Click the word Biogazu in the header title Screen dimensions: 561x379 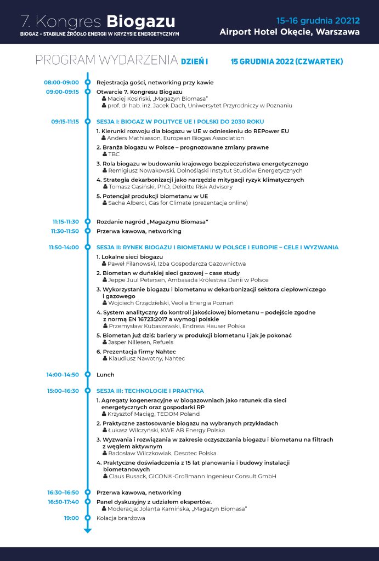pos(140,21)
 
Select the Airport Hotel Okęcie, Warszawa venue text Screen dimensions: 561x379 pos(290,32)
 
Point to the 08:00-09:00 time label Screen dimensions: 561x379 pos(61,82)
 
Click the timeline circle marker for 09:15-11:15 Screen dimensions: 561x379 pos(87,121)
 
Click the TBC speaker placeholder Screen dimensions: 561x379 pos(114,154)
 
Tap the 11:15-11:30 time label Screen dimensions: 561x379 pos(66,222)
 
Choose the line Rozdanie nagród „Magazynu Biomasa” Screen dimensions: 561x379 pos(152,222)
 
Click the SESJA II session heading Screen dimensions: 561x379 pos(217,247)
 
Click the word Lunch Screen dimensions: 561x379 pos(105,375)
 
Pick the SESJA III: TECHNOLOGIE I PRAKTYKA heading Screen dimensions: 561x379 pos(150,391)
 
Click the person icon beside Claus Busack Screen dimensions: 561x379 pos(104,477)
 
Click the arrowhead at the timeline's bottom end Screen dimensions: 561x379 pos(87,530)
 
